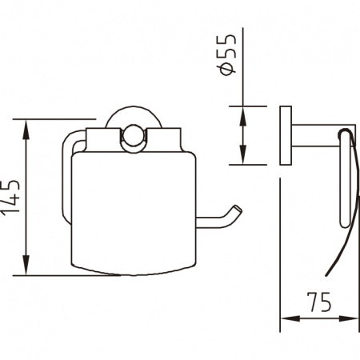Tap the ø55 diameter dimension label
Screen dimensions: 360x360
(227, 54)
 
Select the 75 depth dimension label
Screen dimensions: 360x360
(319, 302)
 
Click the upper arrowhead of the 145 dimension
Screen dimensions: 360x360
(26, 130)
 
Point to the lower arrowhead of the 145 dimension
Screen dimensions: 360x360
(26, 265)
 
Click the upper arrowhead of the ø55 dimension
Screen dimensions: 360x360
(242, 116)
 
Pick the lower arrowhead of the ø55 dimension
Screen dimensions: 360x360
(242, 154)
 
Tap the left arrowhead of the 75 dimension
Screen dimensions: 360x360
(290, 318)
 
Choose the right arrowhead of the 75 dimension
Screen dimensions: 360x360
(348, 318)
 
